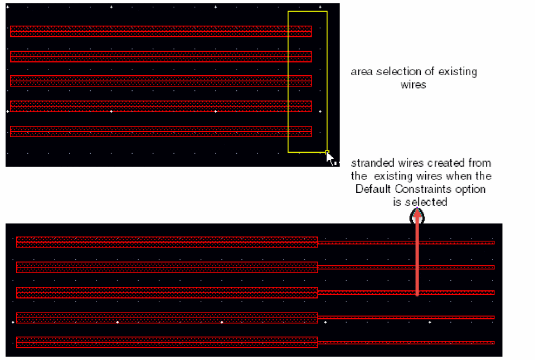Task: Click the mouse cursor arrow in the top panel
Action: (329, 158)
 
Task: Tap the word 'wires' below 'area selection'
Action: (413, 85)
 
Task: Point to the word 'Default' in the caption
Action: (373, 189)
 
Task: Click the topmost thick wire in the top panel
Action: (160, 31)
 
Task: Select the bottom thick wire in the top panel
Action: (160, 132)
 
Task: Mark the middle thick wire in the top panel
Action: (160, 81)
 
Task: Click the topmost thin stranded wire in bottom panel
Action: (406, 242)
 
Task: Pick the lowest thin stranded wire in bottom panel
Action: (406, 343)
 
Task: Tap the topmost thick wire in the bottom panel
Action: (167, 242)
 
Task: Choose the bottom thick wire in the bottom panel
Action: (167, 342)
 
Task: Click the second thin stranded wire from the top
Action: (406, 267)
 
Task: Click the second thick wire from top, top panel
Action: (160, 57)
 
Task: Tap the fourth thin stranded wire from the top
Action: (406, 317)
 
